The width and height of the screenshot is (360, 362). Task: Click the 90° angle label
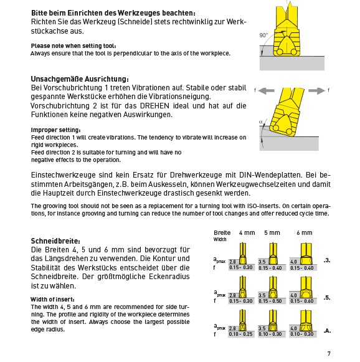(x=263, y=35)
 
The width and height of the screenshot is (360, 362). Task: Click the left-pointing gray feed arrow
(x=266, y=91)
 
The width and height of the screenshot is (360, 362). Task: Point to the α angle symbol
(x=261, y=121)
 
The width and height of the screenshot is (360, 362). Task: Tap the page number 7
(x=329, y=353)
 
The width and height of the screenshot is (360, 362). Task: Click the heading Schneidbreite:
(x=55, y=241)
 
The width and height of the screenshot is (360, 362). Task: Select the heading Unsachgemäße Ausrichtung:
(x=80, y=79)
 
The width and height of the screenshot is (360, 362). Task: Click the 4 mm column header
(x=247, y=233)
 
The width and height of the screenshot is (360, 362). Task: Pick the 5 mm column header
(x=272, y=233)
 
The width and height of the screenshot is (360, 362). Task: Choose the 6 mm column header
(x=305, y=233)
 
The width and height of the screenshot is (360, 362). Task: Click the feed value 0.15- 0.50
(x=270, y=301)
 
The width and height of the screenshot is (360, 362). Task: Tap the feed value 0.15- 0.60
(x=302, y=301)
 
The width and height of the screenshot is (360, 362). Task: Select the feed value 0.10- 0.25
(x=240, y=334)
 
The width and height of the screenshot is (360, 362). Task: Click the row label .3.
(x=327, y=260)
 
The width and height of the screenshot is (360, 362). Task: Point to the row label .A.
(x=327, y=331)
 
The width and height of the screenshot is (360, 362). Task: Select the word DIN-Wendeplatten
(x=270, y=174)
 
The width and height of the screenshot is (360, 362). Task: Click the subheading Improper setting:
(x=56, y=130)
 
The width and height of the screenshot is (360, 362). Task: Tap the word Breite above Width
(x=222, y=233)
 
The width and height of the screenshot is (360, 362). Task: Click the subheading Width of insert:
(x=52, y=300)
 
